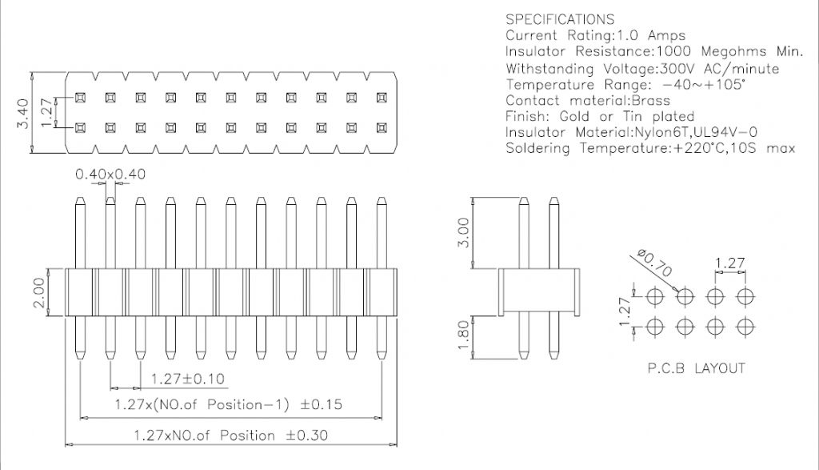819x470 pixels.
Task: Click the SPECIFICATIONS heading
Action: tap(560, 20)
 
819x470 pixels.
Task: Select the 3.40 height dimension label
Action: tap(25, 113)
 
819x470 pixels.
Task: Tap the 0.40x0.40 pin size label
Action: tap(110, 174)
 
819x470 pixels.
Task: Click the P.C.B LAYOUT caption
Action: tap(696, 368)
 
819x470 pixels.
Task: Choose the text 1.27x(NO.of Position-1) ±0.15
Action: tap(228, 405)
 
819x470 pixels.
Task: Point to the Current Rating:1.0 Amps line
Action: tap(596, 36)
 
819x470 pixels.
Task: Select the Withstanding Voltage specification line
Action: tap(642, 69)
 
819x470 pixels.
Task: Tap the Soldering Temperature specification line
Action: tap(650, 148)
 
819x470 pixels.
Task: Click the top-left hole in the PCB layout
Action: tap(655, 296)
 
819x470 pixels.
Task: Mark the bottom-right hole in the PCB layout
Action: tap(745, 327)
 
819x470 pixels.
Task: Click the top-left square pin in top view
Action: tap(81, 98)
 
